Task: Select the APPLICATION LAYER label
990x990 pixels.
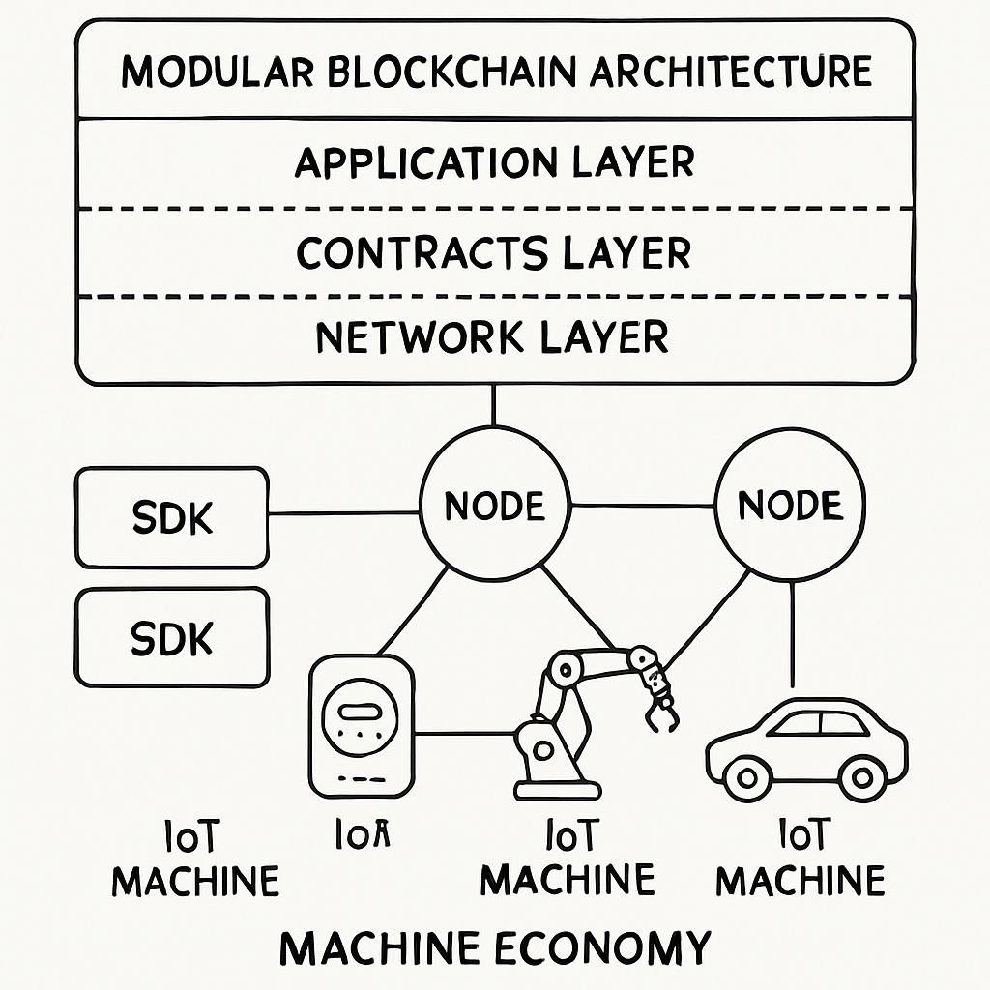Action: [x=494, y=162]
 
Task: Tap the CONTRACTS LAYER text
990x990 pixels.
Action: [x=494, y=252]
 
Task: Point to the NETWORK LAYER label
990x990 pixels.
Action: [x=492, y=337]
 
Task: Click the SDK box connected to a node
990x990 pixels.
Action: [x=171, y=518]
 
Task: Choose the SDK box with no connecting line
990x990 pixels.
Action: [x=171, y=638]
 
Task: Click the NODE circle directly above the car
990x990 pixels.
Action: [x=790, y=506]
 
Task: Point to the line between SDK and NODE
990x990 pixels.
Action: [x=343, y=512]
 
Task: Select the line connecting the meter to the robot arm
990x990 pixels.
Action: [x=464, y=733]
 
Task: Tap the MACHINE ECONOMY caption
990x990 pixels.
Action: [x=494, y=946]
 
